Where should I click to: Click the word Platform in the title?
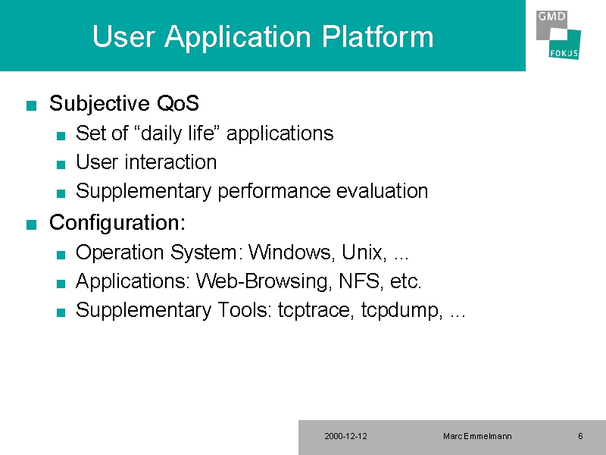[377, 37]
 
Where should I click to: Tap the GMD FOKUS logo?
[558, 35]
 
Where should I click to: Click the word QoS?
[178, 103]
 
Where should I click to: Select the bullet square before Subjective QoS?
[31, 105]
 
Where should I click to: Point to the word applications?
[280, 134]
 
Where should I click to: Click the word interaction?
[170, 162]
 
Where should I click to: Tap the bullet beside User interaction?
[61, 165]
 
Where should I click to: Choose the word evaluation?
[382, 191]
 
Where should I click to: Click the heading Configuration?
[117, 223]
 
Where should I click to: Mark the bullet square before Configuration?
[31, 224]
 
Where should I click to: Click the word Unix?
[364, 253]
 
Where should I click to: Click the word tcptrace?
[315, 310]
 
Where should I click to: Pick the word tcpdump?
[402, 310]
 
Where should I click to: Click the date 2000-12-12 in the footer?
[346, 437]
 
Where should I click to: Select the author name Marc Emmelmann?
[477, 437]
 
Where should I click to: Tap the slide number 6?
[580, 437]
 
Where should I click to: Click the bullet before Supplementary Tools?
[61, 312]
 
